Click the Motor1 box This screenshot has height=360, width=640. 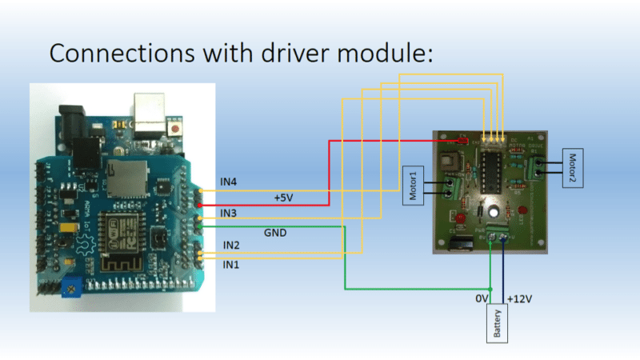click(x=411, y=186)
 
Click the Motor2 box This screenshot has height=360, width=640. click(x=573, y=167)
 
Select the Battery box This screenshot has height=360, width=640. click(x=498, y=323)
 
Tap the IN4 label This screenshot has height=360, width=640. click(x=229, y=182)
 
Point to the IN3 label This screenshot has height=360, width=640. click(x=229, y=213)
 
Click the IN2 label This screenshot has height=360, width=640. click(x=231, y=245)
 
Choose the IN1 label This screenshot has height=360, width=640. click(x=231, y=264)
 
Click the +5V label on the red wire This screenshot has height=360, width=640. click(x=285, y=197)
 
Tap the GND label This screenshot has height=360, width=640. click(x=276, y=234)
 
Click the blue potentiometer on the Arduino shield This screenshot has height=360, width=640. click(x=72, y=284)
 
